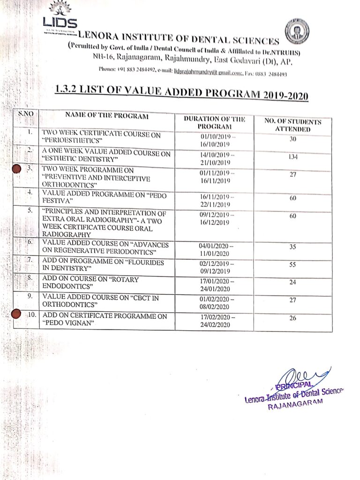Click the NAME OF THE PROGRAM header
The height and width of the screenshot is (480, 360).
point(107,116)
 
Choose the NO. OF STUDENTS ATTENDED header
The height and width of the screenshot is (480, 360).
point(293,124)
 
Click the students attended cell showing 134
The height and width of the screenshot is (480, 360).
point(293,157)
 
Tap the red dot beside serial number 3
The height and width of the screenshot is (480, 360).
point(17,169)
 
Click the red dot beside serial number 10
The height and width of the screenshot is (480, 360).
point(16,315)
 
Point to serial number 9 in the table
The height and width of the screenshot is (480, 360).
point(30,296)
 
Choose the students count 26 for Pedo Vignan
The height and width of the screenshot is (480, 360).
point(293,319)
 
